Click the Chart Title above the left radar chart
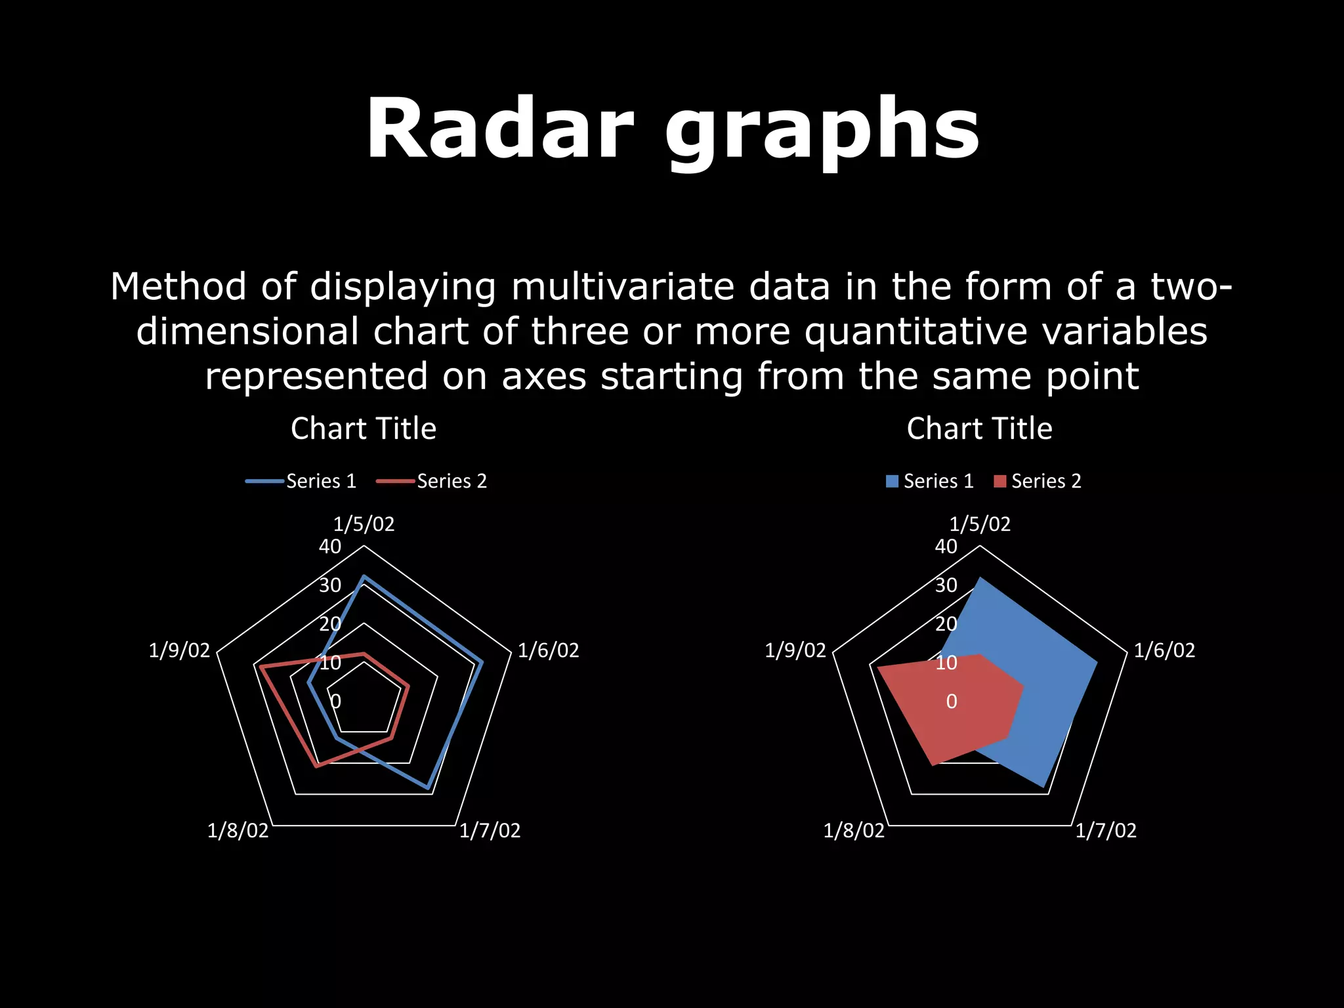click(x=364, y=429)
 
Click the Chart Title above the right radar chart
click(x=979, y=429)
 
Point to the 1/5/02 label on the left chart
click(x=364, y=524)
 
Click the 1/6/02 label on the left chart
click(x=549, y=650)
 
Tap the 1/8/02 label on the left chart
click(x=238, y=831)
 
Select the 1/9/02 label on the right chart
click(x=795, y=650)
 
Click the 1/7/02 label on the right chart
click(x=1106, y=831)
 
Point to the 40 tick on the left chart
click(x=330, y=546)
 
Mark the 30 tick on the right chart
click(x=946, y=585)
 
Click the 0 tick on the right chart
click(x=952, y=702)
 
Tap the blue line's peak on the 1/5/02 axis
click(x=364, y=577)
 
